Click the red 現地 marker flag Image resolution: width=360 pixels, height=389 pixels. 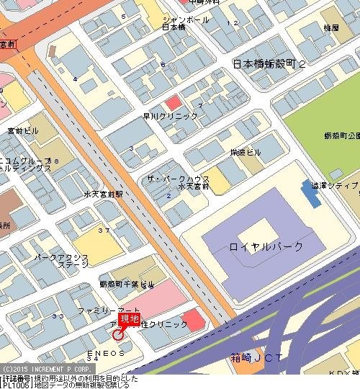tap(129, 319)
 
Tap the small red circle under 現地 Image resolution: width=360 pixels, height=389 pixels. tap(118, 334)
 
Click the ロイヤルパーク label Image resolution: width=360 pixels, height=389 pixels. tap(266, 246)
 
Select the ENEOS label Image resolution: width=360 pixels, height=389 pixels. tap(107, 354)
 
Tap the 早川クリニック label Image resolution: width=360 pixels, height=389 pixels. tap(170, 116)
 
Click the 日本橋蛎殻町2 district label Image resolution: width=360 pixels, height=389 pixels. tap(270, 65)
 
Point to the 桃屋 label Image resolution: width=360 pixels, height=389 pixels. tap(311, 28)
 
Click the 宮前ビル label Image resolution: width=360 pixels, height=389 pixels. tap(23, 131)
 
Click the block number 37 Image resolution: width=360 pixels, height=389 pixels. tap(104, 231)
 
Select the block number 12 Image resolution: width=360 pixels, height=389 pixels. tap(232, 23)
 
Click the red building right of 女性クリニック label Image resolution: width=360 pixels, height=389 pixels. tap(193, 318)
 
